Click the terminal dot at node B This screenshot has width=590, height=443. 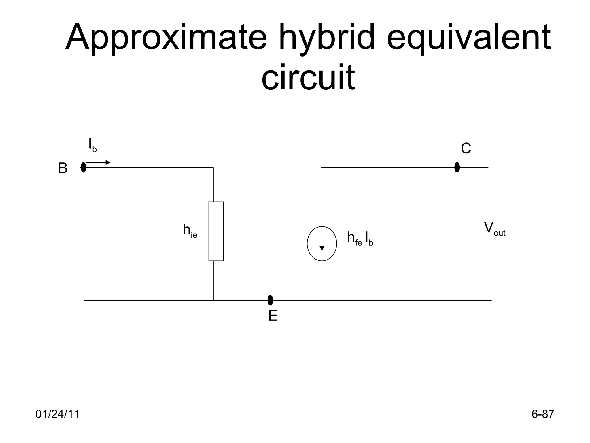[x=84, y=167]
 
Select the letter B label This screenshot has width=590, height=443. [x=63, y=168]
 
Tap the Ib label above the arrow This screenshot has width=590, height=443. [x=92, y=145]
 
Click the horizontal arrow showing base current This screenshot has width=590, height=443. [x=98, y=163]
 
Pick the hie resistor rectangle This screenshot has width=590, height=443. [x=216, y=231]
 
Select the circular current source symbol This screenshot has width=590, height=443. [x=322, y=244]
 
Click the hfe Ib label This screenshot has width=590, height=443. [x=360, y=239]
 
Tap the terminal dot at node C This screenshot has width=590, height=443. [x=457, y=167]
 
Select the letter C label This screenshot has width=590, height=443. [x=466, y=149]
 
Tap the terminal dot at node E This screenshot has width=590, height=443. [x=270, y=300]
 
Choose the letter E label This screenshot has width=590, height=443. [x=273, y=316]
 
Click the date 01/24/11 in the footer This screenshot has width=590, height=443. [x=57, y=414]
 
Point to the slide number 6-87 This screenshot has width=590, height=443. [x=543, y=414]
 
